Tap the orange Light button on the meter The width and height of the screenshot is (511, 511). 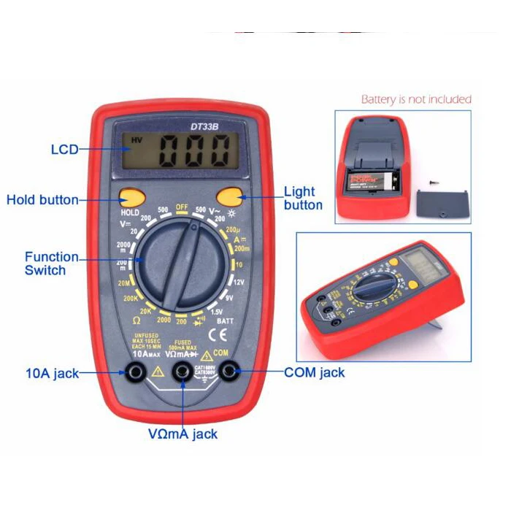pos(229,196)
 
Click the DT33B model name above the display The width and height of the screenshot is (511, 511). pos(205,126)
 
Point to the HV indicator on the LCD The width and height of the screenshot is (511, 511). pos(137,140)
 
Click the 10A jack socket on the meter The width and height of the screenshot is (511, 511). pos(135,373)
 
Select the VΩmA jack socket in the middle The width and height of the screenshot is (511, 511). pos(182,373)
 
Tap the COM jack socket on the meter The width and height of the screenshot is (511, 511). pos(229,372)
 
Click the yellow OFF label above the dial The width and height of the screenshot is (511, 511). pos(182,207)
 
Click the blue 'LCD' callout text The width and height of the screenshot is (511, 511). pos(64,150)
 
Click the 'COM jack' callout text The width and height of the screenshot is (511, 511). pos(314,372)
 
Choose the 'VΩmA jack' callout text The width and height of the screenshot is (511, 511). pos(182,434)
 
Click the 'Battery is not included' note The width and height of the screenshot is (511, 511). pos(416,99)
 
